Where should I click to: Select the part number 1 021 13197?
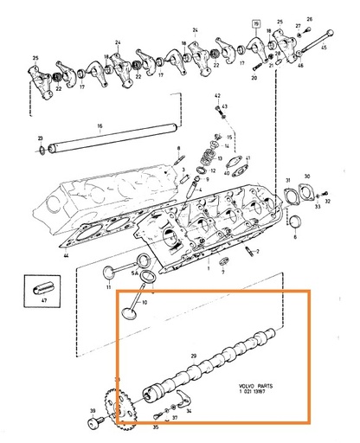[255, 395]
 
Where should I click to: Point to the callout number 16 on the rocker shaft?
[100, 126]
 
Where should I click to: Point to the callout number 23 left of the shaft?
[41, 138]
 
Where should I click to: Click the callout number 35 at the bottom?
[156, 427]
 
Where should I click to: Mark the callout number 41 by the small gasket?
[247, 157]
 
